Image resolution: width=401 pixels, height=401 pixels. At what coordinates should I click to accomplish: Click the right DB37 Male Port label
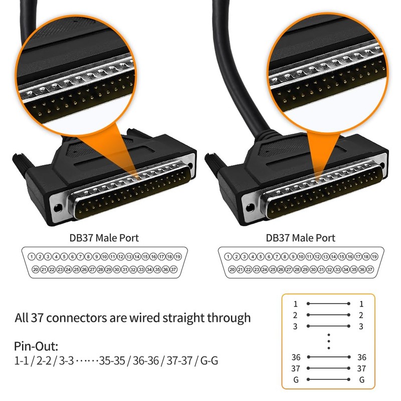(x=300, y=238)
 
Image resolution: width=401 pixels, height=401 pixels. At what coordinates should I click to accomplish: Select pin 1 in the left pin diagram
(x=32, y=257)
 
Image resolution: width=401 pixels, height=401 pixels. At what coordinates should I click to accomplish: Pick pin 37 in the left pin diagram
(x=173, y=270)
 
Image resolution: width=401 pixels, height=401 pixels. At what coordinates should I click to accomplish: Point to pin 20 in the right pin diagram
(x=232, y=270)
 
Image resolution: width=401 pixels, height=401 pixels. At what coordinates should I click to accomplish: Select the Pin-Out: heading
(x=37, y=346)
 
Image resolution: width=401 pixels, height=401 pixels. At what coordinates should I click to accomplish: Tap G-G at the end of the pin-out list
(x=209, y=360)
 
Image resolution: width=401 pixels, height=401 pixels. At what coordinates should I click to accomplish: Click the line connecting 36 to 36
(x=328, y=357)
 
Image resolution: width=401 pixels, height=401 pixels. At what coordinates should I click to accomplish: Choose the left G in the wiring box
(x=296, y=379)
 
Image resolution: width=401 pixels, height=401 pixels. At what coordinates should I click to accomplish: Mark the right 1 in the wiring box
(x=361, y=304)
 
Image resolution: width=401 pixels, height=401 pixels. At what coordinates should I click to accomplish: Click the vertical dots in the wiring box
(x=328, y=341)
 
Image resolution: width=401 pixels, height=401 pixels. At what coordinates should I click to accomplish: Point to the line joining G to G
(x=328, y=379)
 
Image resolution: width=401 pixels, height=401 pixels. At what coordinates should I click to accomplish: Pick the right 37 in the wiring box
(x=361, y=368)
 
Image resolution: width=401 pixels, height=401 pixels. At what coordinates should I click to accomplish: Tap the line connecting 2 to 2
(x=328, y=315)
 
